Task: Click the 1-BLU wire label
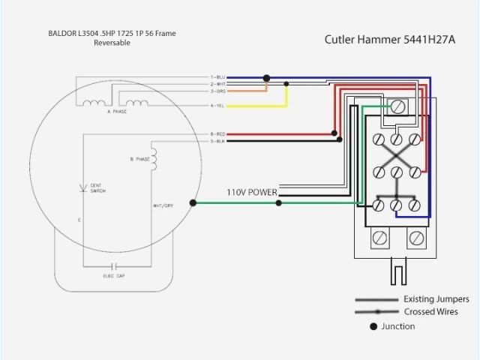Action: click(x=217, y=77)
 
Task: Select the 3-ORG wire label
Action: click(x=217, y=91)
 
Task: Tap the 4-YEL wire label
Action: click(x=217, y=106)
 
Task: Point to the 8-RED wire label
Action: click(x=217, y=134)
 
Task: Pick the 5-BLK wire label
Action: click(x=217, y=141)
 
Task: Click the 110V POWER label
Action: click(x=252, y=193)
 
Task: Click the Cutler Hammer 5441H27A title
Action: click(x=389, y=40)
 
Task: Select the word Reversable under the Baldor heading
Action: click(x=112, y=43)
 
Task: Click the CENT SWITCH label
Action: click(x=97, y=187)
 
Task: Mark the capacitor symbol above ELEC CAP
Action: click(x=115, y=265)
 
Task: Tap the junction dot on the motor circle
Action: click(x=193, y=202)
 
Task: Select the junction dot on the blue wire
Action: click(x=266, y=77)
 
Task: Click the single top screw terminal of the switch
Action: click(x=397, y=107)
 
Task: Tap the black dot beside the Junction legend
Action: click(x=373, y=326)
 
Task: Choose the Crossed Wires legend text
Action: click(x=430, y=311)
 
